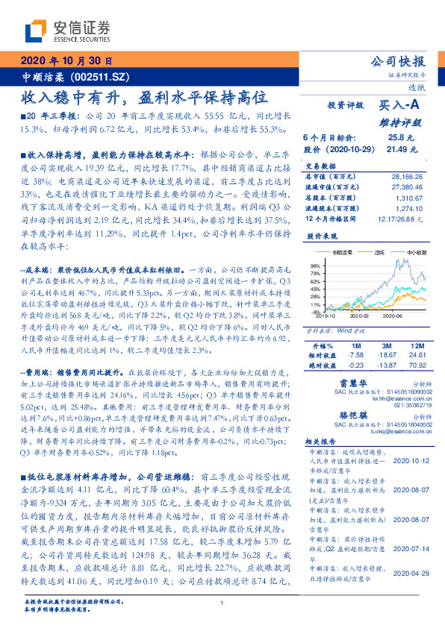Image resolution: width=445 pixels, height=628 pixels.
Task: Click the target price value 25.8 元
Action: coord(396,138)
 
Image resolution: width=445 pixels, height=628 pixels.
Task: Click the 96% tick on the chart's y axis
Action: coord(315,266)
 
